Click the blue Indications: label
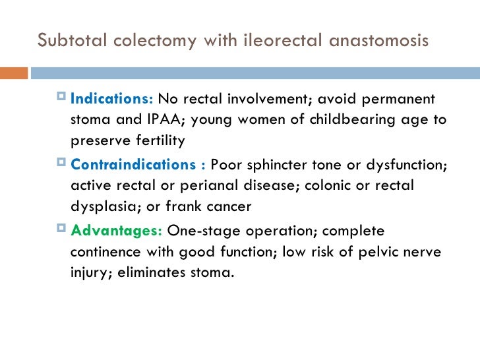[111, 100]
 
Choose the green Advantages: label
[116, 231]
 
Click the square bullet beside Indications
[61, 99]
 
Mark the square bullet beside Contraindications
[61, 164]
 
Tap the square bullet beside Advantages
[61, 231]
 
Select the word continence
[105, 252]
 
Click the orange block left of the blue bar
[16, 72]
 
